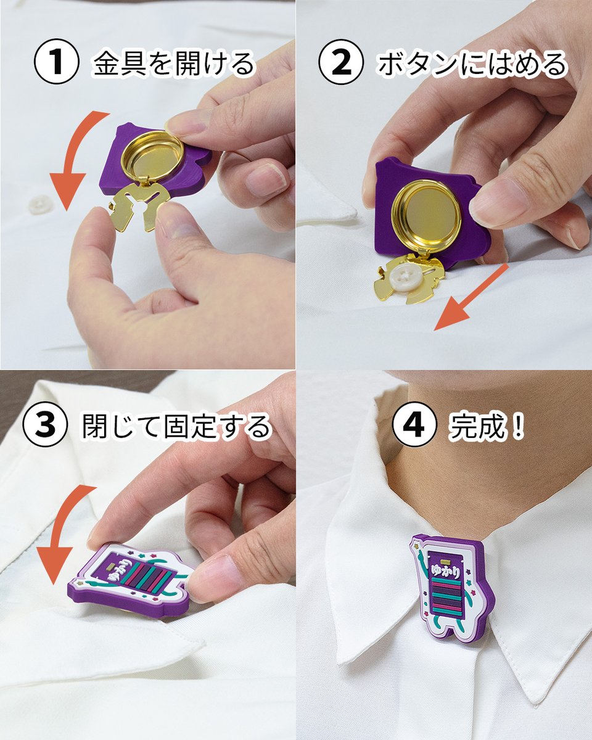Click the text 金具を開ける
173,64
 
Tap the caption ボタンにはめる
472,64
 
